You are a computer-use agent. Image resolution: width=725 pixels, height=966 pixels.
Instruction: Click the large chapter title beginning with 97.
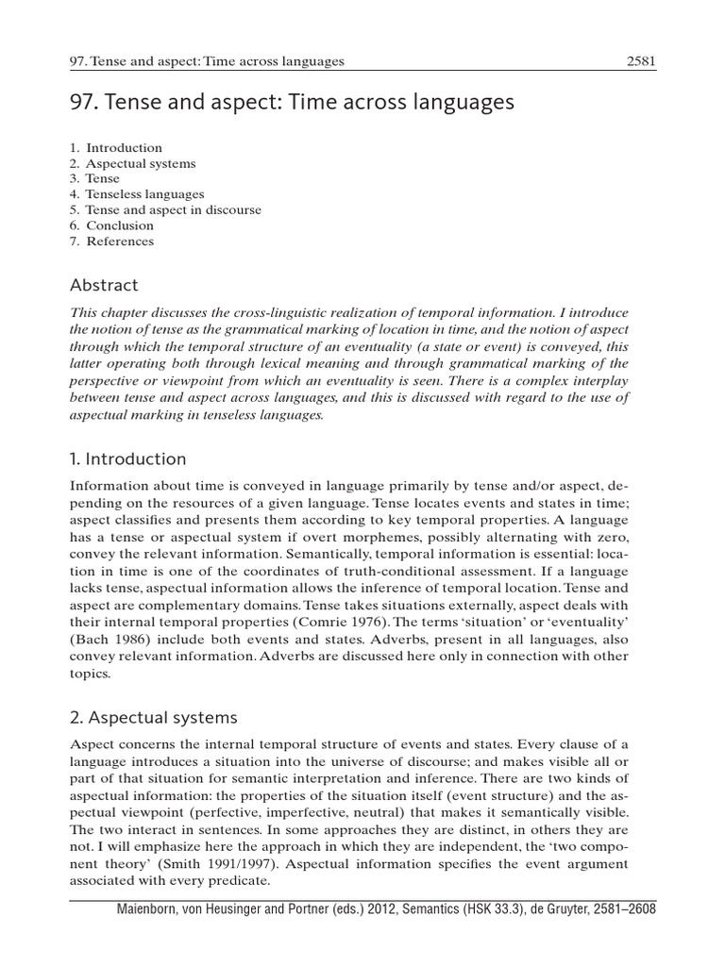click(292, 102)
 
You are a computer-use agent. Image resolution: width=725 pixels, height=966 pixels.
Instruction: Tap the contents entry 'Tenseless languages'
click(144, 194)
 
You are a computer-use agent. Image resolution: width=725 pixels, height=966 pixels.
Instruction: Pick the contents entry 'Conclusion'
click(119, 225)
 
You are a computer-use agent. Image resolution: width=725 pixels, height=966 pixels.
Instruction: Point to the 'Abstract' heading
click(104, 285)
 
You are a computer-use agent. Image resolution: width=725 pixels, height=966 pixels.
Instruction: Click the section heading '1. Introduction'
click(128, 459)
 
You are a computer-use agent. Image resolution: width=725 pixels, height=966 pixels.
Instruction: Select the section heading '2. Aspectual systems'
click(155, 718)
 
